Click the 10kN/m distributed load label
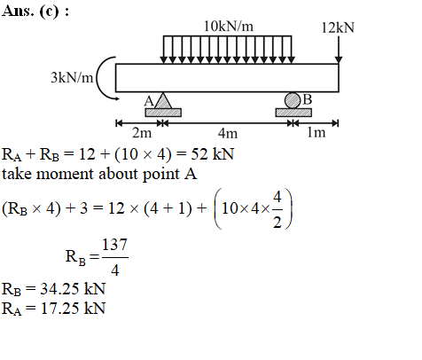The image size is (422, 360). (229, 27)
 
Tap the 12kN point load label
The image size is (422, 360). (338, 27)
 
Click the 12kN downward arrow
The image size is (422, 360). (339, 50)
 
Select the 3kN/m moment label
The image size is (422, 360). (72, 78)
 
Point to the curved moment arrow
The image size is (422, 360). (98, 79)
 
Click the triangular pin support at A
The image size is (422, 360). (163, 100)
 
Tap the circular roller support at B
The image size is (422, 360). (292, 100)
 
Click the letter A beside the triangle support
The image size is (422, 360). (149, 101)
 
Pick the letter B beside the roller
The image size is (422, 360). (308, 99)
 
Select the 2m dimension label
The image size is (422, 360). (142, 133)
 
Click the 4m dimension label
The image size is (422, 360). (228, 133)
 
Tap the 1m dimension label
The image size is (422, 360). (316, 132)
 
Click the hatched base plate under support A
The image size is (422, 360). (163, 113)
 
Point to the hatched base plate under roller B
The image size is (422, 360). (293, 113)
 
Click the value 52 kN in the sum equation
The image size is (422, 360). (213, 154)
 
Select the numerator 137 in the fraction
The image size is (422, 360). (114, 245)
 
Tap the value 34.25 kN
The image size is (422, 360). (73, 289)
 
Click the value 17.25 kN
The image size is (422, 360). (73, 309)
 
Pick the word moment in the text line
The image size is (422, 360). (65, 174)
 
